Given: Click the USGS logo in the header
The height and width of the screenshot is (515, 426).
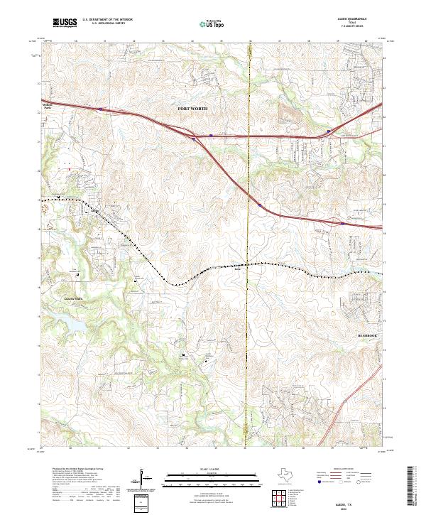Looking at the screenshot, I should [x=65, y=23].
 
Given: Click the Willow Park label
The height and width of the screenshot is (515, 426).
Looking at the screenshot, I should [x=48, y=107].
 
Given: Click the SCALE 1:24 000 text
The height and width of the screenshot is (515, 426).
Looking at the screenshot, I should [x=213, y=469].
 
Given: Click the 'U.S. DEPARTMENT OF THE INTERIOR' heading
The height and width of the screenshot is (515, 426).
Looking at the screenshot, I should [x=107, y=20].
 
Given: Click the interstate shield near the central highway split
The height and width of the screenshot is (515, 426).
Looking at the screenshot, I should [x=194, y=139].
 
